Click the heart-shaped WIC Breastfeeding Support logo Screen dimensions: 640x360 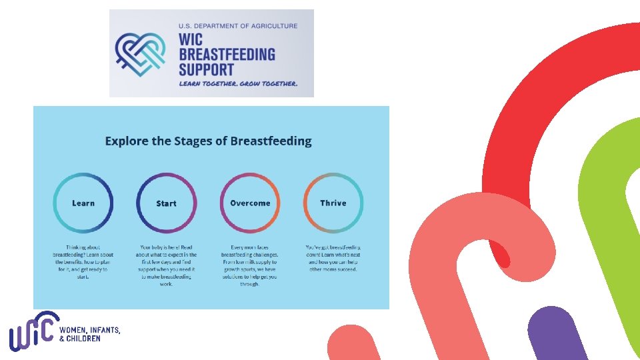[142, 53]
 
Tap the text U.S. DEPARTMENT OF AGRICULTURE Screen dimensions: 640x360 [237, 26]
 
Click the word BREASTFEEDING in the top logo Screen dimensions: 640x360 [227, 54]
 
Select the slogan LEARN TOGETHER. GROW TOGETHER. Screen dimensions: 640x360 [237, 84]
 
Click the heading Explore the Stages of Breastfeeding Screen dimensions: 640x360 [208, 141]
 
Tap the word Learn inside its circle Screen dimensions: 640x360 [83, 203]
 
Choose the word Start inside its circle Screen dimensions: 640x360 [166, 203]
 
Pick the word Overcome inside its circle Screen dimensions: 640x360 [250, 203]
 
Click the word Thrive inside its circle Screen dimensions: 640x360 [333, 203]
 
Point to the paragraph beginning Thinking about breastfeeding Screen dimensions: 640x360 [83, 262]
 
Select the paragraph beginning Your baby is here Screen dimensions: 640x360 [166, 265]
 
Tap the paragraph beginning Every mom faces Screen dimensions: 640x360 [250, 265]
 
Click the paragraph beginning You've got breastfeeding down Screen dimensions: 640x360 [333, 258]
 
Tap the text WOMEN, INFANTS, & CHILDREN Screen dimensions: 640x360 [90, 334]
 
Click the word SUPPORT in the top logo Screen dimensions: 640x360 [206, 69]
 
